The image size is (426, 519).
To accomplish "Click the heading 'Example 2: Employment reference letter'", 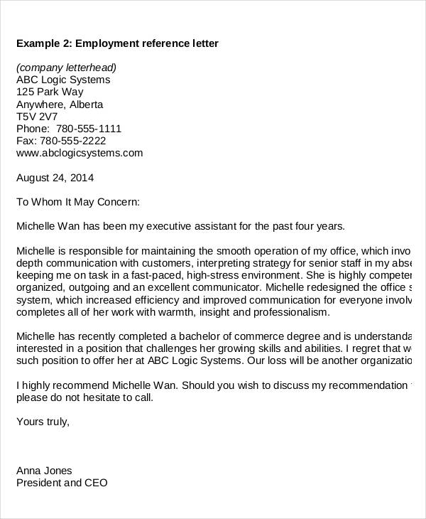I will coord(117,44).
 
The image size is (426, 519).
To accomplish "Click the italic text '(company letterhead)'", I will coord(66,68).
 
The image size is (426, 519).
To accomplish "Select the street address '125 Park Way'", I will coord(50,92).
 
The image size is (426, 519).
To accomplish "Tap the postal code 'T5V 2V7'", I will coord(37,116).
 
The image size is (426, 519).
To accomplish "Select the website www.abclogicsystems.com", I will coord(80,153).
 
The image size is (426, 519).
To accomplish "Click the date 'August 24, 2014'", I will coord(55,177).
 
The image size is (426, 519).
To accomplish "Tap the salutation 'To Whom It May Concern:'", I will coord(78,202).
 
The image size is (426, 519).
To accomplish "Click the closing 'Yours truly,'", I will coord(43,422).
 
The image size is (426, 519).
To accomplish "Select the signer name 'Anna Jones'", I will coord(44,471).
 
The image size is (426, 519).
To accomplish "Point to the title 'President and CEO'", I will coord(62,483).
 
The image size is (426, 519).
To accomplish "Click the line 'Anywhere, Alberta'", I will coord(60,104).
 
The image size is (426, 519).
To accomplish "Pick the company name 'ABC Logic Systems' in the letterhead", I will coord(63,80).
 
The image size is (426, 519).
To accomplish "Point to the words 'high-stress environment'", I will coord(246,275).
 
